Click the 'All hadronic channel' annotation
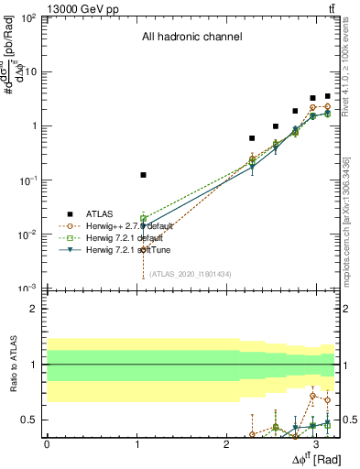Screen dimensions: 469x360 [x=191, y=38]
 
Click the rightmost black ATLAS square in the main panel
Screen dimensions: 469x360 [x=327, y=95]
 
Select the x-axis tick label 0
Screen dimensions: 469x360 [x=47, y=444]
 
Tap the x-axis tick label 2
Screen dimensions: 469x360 [x=226, y=444]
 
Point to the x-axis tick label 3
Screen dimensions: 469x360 [x=316, y=444]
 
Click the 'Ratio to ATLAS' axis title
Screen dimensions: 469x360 [x=12, y=365]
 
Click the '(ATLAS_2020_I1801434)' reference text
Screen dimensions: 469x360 [x=191, y=273]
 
